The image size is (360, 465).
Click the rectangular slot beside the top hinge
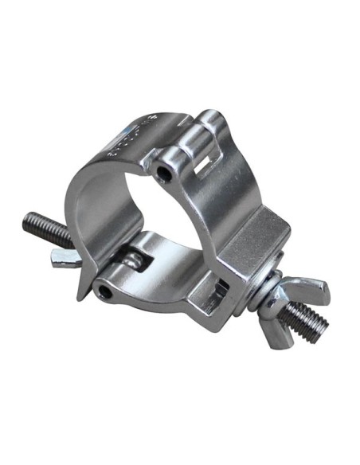(209, 164)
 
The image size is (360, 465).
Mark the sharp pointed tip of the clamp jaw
(80, 298)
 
